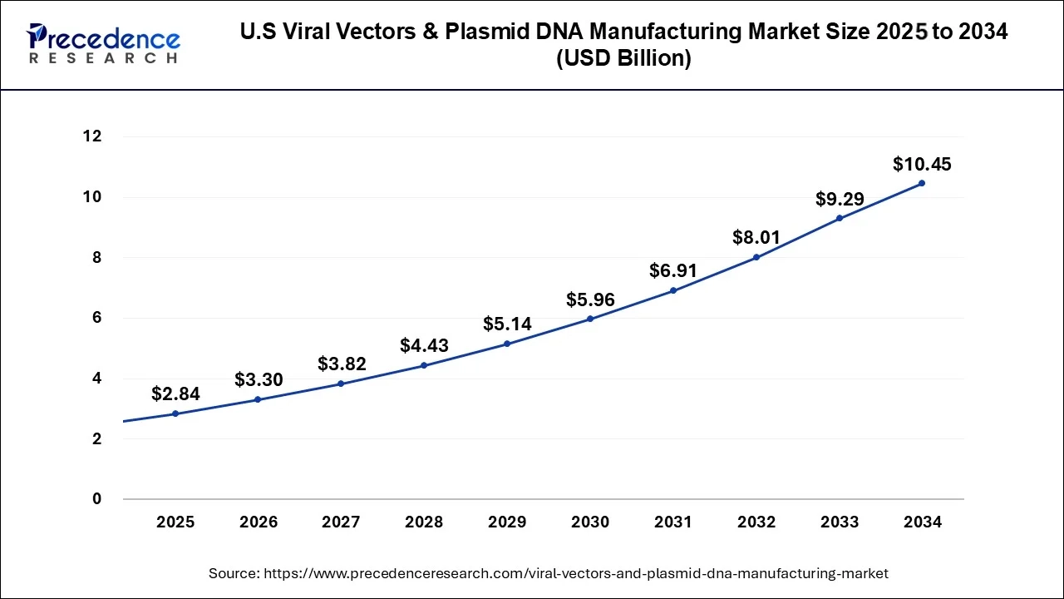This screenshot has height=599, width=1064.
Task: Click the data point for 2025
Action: (x=175, y=413)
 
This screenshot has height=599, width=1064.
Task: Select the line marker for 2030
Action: (x=590, y=319)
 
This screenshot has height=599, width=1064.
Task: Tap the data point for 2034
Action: (x=922, y=183)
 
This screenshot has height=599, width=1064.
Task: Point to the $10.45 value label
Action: (x=922, y=165)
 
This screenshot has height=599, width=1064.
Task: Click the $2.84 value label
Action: (x=175, y=394)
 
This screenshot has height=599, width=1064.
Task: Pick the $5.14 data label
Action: (x=507, y=324)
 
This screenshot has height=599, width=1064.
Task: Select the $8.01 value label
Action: (x=756, y=238)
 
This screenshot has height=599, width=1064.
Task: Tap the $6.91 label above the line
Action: (x=672, y=270)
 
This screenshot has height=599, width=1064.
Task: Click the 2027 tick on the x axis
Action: (x=341, y=522)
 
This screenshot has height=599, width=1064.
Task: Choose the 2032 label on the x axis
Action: (x=756, y=522)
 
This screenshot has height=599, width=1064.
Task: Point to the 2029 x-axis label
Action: (x=507, y=522)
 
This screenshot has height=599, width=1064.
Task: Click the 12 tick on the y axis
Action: (x=91, y=136)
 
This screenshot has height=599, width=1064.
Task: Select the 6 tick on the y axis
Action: (x=96, y=318)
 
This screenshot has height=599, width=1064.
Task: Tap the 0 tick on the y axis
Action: (x=96, y=499)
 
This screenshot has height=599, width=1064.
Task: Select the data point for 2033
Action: (x=840, y=218)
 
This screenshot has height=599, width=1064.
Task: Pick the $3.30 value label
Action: (x=259, y=380)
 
